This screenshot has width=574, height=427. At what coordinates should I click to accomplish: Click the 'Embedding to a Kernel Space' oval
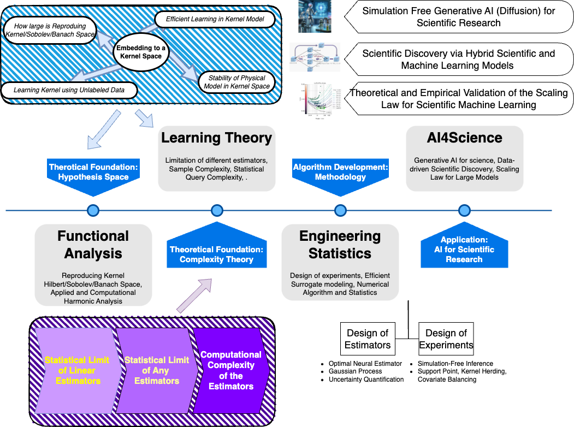click(141, 51)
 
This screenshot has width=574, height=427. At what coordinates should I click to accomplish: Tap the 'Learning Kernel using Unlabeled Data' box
click(68, 90)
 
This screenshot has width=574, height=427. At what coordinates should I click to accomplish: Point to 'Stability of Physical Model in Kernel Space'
click(236, 82)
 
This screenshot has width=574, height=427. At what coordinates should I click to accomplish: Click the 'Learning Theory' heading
click(216, 138)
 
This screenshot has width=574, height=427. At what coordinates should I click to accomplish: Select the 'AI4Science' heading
click(464, 138)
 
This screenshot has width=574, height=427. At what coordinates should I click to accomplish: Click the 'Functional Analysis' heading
click(93, 245)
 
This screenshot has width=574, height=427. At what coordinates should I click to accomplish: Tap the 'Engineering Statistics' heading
click(340, 245)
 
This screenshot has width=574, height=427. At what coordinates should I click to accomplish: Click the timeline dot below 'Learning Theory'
click(217, 210)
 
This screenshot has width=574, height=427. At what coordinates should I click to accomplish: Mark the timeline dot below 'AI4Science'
click(464, 210)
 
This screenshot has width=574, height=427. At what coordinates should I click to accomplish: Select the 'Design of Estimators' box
click(368, 339)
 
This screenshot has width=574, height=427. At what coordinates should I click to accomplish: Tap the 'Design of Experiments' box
click(446, 339)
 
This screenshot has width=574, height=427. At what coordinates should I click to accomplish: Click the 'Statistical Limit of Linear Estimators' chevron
click(77, 370)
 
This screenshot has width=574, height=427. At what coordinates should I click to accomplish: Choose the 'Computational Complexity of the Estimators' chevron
click(231, 370)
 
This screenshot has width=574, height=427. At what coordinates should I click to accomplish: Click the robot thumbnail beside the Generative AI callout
click(315, 16)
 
